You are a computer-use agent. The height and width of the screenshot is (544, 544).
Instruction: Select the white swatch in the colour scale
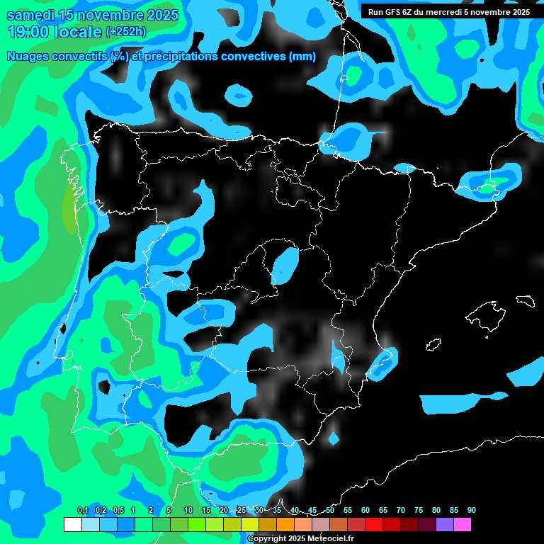72,525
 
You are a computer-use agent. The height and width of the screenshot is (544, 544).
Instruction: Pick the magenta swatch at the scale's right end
463,525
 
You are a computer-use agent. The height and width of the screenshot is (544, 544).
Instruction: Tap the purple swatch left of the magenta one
445,525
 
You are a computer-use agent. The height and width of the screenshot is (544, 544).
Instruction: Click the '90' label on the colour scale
471,511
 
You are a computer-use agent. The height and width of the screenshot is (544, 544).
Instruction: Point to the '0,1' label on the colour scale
82,511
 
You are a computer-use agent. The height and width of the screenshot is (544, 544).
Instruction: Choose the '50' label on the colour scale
330,511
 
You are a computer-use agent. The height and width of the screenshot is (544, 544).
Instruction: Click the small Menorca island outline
526,300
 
